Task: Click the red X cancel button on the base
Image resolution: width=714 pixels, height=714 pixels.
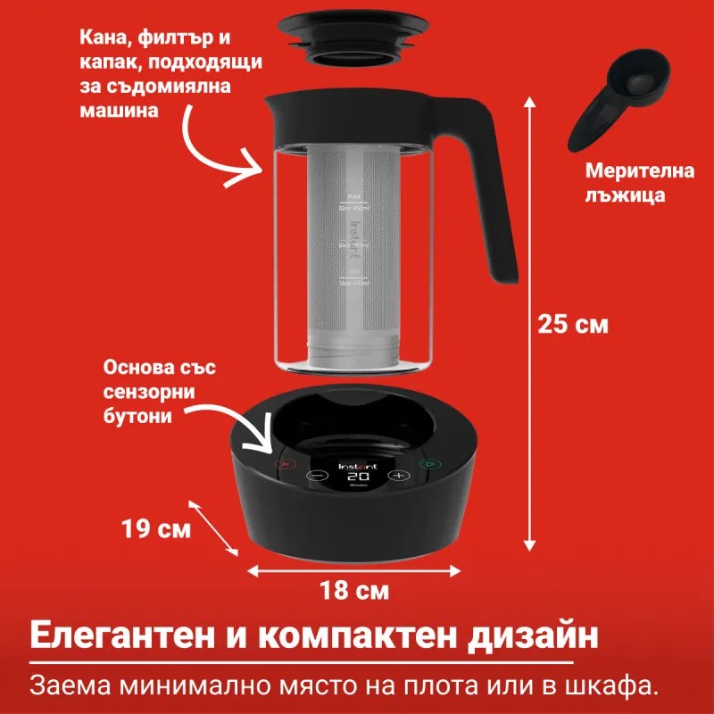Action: pyautogui.click(x=286, y=464)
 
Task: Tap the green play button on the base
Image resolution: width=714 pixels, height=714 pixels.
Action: pyautogui.click(x=429, y=464)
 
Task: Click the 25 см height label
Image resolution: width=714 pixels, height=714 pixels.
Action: pyautogui.click(x=573, y=324)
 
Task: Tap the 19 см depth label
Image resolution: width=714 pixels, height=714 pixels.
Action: pyautogui.click(x=156, y=529)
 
